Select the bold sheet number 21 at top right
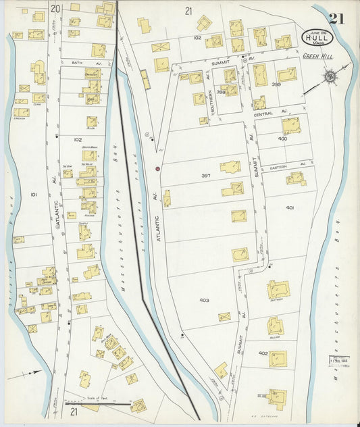coord(337,18)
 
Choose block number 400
coord(282,139)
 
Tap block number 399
coord(276,84)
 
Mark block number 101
coord(34,194)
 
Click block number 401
coord(289,207)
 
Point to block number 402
coord(263,353)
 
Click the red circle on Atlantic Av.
coord(157,168)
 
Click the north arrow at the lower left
coord(27,372)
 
